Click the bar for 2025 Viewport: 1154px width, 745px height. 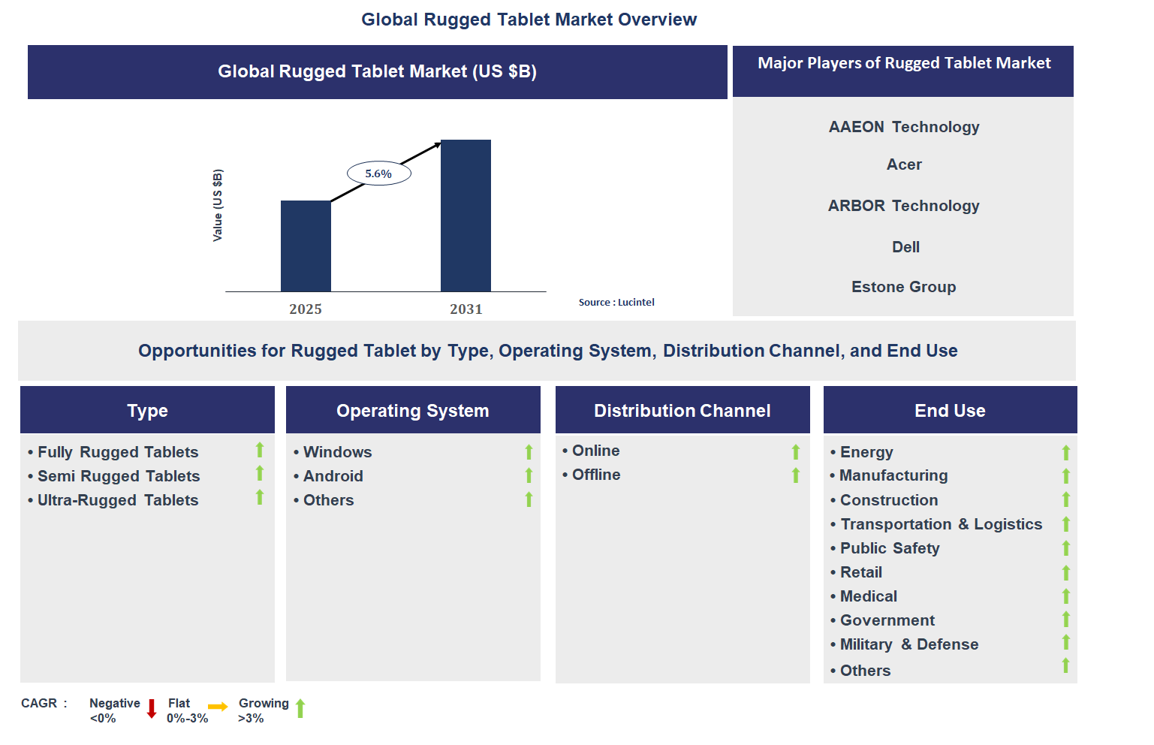pyautogui.click(x=306, y=246)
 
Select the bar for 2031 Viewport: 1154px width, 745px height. pyautogui.click(x=466, y=216)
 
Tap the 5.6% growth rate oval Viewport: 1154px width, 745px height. pyautogui.click(x=378, y=173)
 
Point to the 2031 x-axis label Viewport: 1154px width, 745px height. pyautogui.click(x=466, y=309)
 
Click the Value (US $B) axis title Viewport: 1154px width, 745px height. pyautogui.click(x=218, y=205)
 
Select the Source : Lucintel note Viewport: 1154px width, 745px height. pyautogui.click(x=616, y=302)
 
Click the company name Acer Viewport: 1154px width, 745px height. pyautogui.click(x=904, y=164)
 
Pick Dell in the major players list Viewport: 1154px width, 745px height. pyautogui.click(x=905, y=247)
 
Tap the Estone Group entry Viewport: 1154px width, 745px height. pyautogui.click(x=903, y=287)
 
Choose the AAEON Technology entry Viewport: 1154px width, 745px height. pyautogui.click(x=903, y=127)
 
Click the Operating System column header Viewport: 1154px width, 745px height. pyautogui.click(x=413, y=411)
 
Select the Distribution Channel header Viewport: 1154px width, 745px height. pyautogui.click(x=682, y=411)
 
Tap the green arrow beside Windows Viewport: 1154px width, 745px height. pyautogui.click(x=529, y=452)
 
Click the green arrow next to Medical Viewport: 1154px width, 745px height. pyautogui.click(x=1065, y=596)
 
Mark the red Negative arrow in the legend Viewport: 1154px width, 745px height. pyautogui.click(x=152, y=709)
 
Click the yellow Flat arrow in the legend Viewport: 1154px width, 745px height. pyautogui.click(x=218, y=707)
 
